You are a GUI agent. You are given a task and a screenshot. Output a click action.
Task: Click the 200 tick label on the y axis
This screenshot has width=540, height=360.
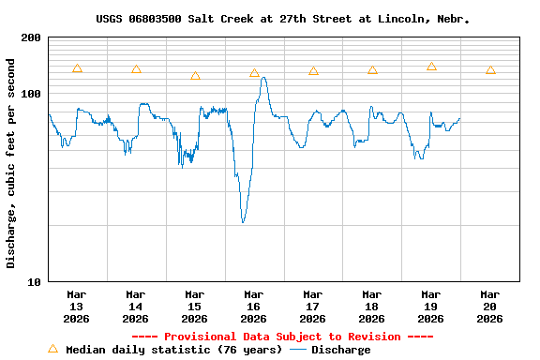click(31, 37)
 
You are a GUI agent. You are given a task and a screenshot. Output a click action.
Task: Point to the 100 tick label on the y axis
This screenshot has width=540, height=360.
click(31, 94)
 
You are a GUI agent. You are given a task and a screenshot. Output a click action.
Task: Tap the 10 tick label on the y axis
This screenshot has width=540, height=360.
click(35, 281)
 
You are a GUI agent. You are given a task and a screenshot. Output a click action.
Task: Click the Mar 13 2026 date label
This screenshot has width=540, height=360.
click(77, 307)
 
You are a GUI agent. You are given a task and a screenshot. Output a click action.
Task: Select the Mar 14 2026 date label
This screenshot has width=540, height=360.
click(136, 307)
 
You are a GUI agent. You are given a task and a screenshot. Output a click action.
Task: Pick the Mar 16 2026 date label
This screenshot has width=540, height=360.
click(254, 307)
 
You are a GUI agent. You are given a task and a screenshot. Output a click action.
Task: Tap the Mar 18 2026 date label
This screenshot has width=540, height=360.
click(372, 307)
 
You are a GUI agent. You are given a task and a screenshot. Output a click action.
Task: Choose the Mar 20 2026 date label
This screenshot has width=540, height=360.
click(490, 307)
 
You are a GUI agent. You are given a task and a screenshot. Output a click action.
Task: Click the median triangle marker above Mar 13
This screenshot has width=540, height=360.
click(77, 68)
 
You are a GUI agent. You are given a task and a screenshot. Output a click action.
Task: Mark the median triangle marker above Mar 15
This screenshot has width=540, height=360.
click(195, 76)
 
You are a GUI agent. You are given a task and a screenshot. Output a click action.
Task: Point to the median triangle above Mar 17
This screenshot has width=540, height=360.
click(313, 71)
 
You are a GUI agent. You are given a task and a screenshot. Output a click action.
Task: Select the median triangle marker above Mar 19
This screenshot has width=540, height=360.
click(431, 67)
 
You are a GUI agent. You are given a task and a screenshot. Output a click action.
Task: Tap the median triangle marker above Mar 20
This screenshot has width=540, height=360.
click(490, 70)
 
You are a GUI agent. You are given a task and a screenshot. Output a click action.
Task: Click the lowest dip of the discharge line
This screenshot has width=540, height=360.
click(243, 221)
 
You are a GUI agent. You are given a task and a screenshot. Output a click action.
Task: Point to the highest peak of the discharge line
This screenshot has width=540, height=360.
click(263, 78)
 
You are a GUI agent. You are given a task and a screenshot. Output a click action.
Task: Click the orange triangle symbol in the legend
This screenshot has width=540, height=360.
click(52, 349)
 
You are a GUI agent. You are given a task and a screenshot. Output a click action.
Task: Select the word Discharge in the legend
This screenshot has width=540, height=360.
click(340, 350)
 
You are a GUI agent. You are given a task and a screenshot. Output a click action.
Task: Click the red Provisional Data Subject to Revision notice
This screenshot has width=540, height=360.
click(282, 337)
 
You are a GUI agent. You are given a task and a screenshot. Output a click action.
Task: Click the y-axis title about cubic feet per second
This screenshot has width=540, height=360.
click(11, 163)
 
